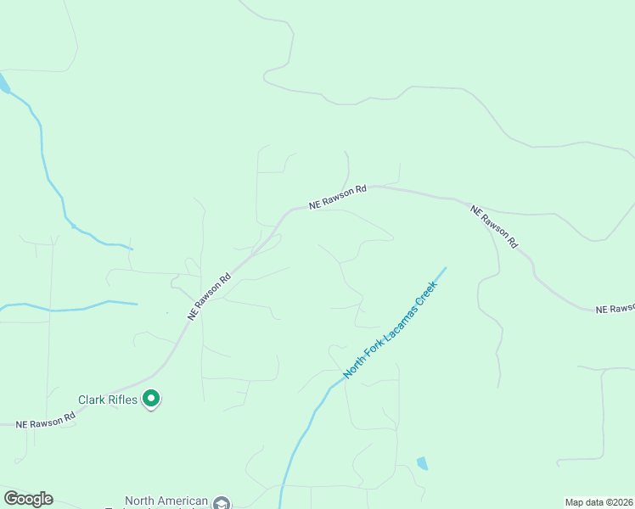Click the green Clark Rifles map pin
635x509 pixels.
click(151, 397)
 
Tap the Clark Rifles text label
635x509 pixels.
click(108, 400)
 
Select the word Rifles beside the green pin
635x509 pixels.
click(122, 400)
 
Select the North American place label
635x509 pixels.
click(166, 501)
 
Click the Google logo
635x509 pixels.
click(28, 499)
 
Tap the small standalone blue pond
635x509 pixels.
click(422, 463)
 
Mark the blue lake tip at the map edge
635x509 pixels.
click(3, 83)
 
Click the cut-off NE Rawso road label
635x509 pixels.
click(615, 310)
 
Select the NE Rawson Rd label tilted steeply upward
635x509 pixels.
click(210, 295)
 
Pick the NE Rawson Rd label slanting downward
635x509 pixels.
click(495, 225)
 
